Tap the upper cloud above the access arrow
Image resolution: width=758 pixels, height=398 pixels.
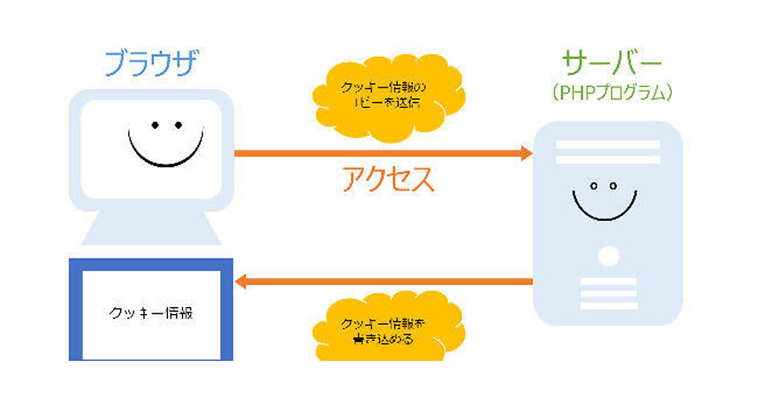[388, 101]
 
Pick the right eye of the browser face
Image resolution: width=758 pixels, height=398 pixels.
[179, 125]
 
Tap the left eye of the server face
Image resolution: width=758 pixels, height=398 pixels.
[594, 186]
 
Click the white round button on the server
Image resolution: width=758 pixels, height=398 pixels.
[608, 256]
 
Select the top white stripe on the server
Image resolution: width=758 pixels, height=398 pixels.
[607, 145]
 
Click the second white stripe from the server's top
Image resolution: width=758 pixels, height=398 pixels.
[607, 159]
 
